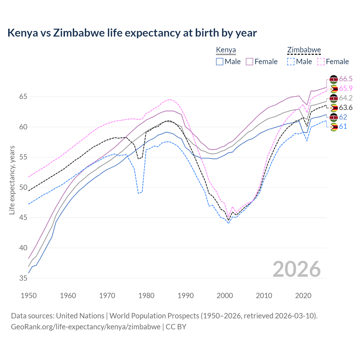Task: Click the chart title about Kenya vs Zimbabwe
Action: pyautogui.click(x=132, y=33)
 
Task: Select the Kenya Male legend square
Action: pyautogui.click(x=220, y=62)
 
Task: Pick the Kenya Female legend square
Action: pyautogui.click(x=249, y=62)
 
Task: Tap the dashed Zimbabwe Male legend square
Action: pyautogui.click(x=291, y=62)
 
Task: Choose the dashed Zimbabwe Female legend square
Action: pyautogui.click(x=321, y=62)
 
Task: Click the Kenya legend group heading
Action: pyautogui.click(x=226, y=50)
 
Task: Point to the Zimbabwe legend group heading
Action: pyautogui.click(x=304, y=50)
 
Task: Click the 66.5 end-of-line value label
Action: pyautogui.click(x=346, y=79)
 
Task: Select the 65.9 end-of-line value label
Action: pyautogui.click(x=346, y=88)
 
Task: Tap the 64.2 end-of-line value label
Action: pyautogui.click(x=346, y=98)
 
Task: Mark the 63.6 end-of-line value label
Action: pyautogui.click(x=346, y=107)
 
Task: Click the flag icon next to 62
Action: pyautogui.click(x=334, y=117)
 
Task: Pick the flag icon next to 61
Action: pyautogui.click(x=334, y=127)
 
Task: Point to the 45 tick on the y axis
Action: pyautogui.click(x=23, y=218)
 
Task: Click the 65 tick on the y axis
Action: pyautogui.click(x=23, y=97)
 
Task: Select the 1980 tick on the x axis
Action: pyautogui.click(x=146, y=296)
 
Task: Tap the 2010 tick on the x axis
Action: pyautogui.click(x=264, y=296)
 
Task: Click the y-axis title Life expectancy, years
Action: pyautogui.click(x=12, y=180)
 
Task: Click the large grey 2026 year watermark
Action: pyautogui.click(x=296, y=269)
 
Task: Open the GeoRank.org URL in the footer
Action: pyautogui.click(x=85, y=327)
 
